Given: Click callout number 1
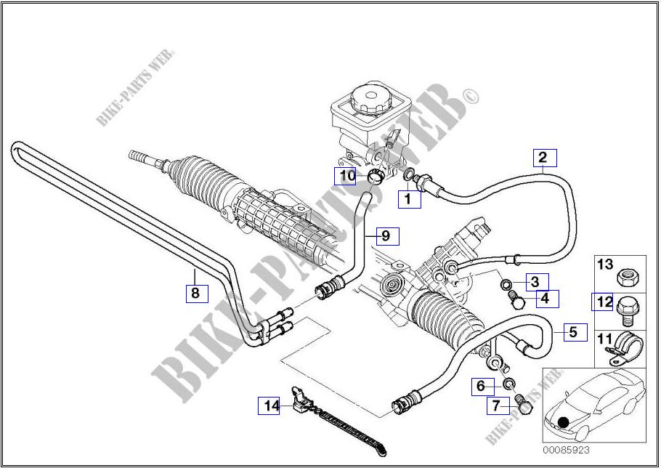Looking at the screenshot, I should [x=408, y=198].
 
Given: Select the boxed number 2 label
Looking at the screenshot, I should [x=543, y=158].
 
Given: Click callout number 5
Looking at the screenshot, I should [x=573, y=333].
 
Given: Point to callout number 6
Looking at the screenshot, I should [x=480, y=386].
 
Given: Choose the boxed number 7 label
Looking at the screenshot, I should [x=496, y=405].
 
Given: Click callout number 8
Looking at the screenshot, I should [x=195, y=293].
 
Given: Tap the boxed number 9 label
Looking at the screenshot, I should [x=386, y=236].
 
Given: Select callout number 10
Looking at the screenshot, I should [x=346, y=175].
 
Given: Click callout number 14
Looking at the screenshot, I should [x=270, y=406].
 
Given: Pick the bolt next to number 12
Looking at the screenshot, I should [x=627, y=311].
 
